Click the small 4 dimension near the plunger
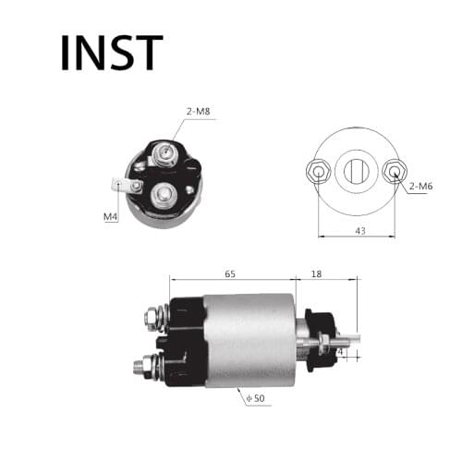click(340, 352)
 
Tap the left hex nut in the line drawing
click(316, 171)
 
